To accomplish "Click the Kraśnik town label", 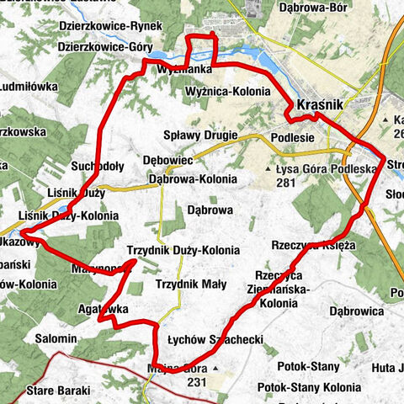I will coord(319,105).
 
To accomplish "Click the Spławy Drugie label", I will coord(202,136).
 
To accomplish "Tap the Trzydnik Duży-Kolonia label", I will coord(183,251).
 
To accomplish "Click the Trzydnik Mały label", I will coord(189,284).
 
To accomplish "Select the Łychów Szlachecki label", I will coord(216,339).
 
